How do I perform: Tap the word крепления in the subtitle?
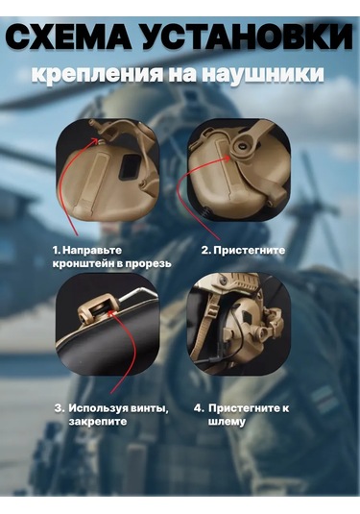pos(98,75)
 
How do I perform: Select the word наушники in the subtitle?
pos(262,73)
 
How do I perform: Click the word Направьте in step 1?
pos(92,250)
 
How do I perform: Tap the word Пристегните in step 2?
pos(249,251)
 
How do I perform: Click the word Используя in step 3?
pos(98,408)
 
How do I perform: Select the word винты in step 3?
pos(150,408)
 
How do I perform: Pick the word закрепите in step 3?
pos(98,422)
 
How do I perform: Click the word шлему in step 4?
pos(227,422)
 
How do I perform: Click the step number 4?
pos(199,408)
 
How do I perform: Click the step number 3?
pos(59,408)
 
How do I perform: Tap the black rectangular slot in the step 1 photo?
pos(129,166)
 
